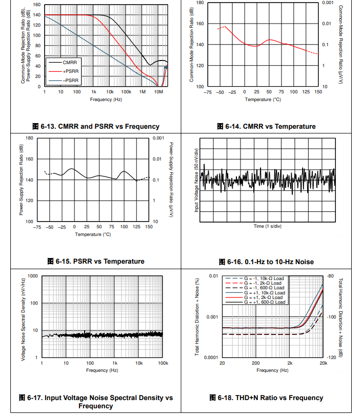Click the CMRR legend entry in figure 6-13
click(70, 62)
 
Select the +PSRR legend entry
click(71, 71)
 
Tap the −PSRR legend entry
click(71, 81)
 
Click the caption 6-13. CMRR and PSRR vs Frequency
click(96, 126)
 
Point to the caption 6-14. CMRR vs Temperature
click(266, 126)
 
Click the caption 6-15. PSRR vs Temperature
click(96, 261)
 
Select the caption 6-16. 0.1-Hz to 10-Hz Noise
click(266, 262)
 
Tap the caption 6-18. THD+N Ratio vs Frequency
click(266, 398)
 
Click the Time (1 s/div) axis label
click(266, 226)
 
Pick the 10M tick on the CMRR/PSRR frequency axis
click(159, 92)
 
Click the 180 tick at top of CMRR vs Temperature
click(201, 3)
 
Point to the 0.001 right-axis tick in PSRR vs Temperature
click(158, 138)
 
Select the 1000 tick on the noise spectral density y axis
click(33, 276)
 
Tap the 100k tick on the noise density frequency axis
click(163, 363)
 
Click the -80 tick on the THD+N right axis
click(330, 276)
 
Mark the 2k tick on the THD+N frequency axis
click(289, 363)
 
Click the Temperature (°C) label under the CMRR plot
click(263, 100)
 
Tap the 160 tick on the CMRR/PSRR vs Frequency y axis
click(37, 5)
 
